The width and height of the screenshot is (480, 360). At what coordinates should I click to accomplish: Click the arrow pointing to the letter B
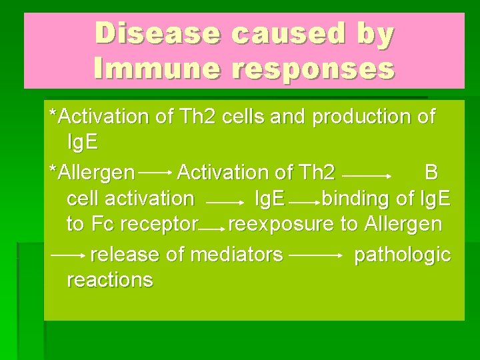click(366, 175)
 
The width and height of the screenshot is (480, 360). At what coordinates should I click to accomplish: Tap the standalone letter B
click(431, 173)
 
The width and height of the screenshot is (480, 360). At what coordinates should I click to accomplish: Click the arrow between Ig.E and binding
click(303, 200)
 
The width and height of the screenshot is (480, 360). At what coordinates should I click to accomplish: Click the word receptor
click(161, 225)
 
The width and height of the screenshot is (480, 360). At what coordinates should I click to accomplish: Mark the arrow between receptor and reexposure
click(213, 229)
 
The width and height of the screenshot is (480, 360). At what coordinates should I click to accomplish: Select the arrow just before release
click(68, 255)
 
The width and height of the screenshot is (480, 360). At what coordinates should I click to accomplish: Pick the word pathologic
click(402, 255)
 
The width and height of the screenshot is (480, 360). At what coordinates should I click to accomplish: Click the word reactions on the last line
click(110, 280)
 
